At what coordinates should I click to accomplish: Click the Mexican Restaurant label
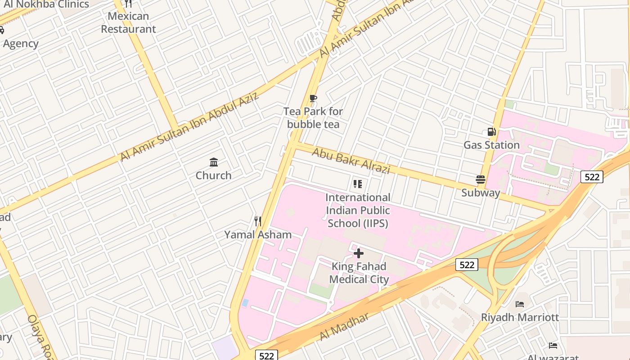point(128,22)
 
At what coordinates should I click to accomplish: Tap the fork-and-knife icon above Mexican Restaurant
point(128,4)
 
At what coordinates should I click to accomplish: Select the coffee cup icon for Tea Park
point(313,99)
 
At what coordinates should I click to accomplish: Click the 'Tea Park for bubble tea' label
point(313,118)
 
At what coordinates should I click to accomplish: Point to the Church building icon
point(214,162)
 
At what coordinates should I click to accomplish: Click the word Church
point(214,175)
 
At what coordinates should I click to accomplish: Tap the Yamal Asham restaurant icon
point(258,221)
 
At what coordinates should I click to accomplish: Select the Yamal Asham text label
point(258,234)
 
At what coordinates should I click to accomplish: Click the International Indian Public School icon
point(358,184)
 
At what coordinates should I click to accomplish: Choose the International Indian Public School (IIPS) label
point(358,210)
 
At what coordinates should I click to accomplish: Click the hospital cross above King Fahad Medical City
point(359,253)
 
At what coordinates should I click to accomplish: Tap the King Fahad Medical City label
point(359,273)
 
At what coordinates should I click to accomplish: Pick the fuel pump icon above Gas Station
point(491,132)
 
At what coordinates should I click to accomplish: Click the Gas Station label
point(491,145)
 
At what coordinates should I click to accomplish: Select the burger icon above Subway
point(481,180)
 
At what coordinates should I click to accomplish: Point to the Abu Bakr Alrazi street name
point(351,161)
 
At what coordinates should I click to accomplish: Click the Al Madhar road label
point(344,326)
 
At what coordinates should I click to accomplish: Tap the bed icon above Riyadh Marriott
point(520,304)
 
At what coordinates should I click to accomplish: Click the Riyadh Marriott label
point(520,317)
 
